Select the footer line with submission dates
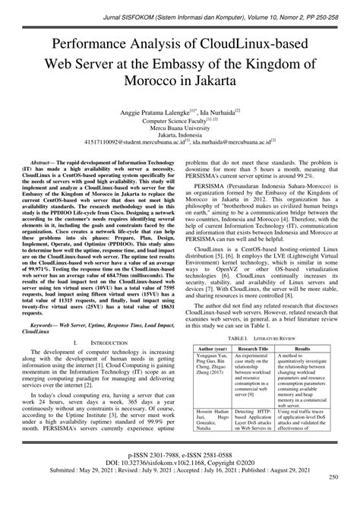(180, 480)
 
